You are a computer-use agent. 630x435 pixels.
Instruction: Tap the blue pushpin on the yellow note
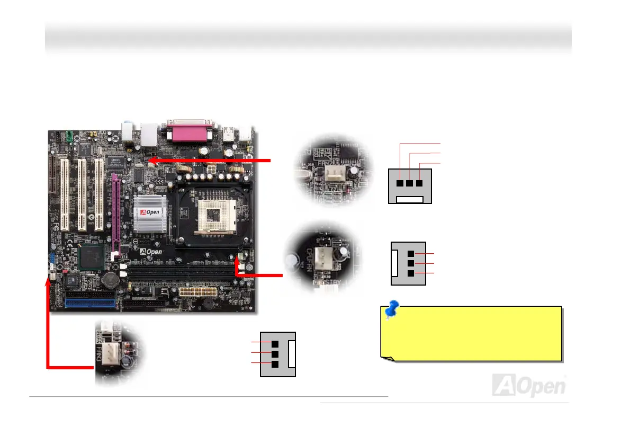(392, 310)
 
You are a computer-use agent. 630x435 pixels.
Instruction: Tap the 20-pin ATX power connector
(196, 292)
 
